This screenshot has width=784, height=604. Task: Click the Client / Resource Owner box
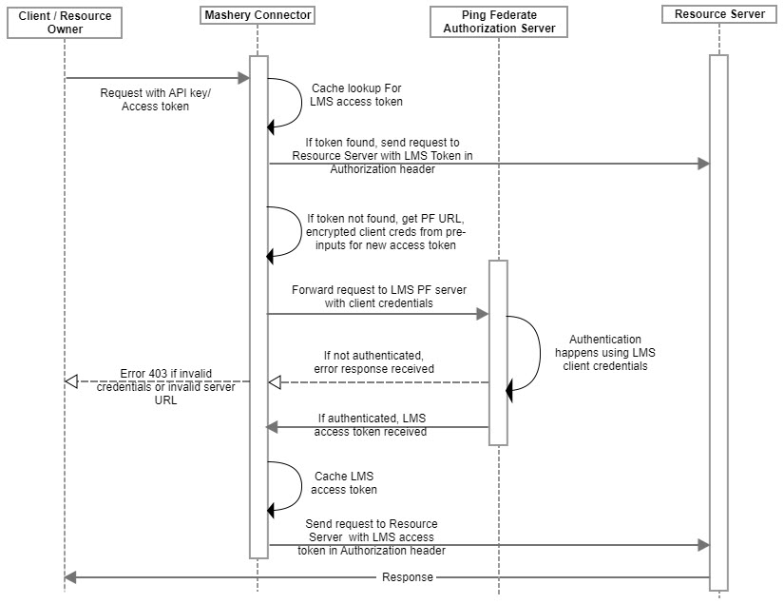pos(65,23)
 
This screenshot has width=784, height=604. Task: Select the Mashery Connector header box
pos(258,15)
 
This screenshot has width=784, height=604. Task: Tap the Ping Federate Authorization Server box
pos(499,22)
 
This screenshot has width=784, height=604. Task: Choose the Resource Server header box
pos(719,14)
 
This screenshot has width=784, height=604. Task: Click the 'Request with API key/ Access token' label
pos(155,100)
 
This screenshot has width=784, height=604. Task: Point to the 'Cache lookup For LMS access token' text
pos(356,94)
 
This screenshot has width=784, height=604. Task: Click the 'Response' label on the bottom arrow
pos(408,577)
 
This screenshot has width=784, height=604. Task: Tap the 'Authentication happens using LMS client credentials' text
pos(605,352)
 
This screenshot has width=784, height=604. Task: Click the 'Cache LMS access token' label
pos(344,483)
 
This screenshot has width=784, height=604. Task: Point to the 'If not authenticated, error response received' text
pos(373,362)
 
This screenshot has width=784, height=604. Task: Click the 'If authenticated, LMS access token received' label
pos(371,425)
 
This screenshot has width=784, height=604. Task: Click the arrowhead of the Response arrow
pos(70,577)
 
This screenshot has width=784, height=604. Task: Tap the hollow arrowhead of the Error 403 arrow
pos(71,381)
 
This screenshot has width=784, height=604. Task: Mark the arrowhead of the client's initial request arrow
pos(244,78)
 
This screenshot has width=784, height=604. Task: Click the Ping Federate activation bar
pos(498,352)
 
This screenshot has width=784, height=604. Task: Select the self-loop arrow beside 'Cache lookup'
pos(301,102)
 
